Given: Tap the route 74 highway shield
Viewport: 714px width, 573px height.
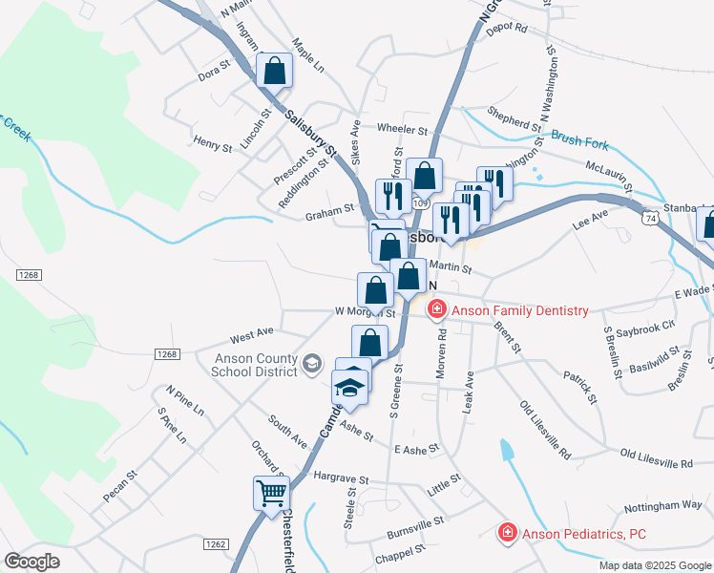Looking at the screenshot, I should [x=650, y=218].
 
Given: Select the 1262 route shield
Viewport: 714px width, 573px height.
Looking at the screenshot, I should [x=215, y=543].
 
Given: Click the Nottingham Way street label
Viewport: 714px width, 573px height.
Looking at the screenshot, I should [x=662, y=505].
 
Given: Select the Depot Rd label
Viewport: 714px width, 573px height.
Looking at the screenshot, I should [x=507, y=29].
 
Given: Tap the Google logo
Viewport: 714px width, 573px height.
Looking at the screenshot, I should [x=32, y=561].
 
